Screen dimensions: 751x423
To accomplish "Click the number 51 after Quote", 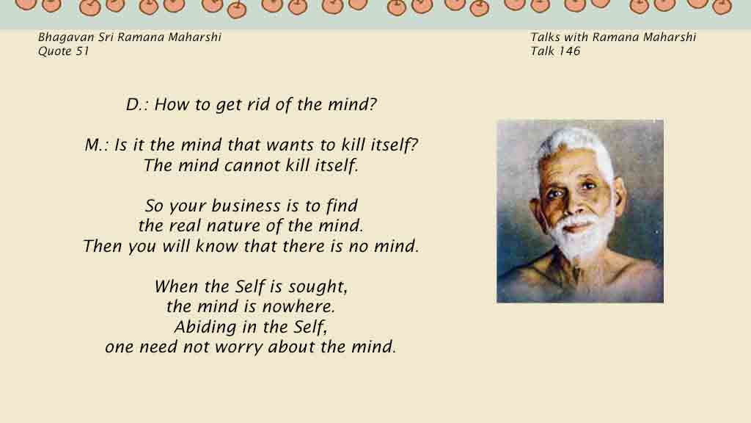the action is point(82,51).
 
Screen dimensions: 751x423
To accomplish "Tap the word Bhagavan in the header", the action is point(66,37).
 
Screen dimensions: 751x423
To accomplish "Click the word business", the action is point(246,206).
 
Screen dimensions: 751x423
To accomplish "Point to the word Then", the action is point(103,246).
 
